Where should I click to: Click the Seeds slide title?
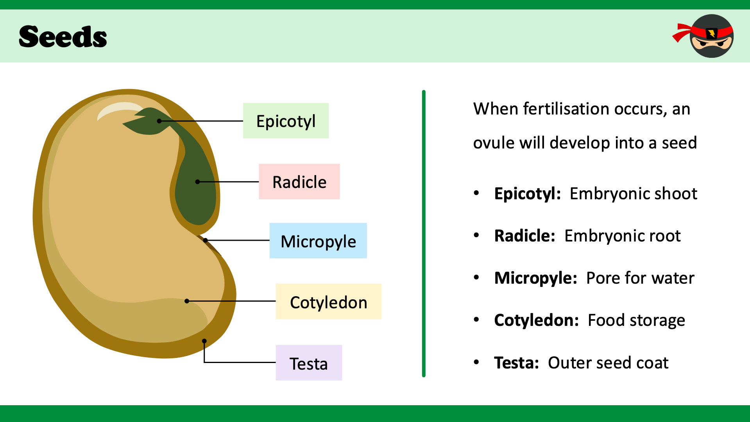click(63, 37)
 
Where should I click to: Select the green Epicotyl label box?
click(286, 121)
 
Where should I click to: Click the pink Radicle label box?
click(299, 182)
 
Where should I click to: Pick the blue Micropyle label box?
click(318, 241)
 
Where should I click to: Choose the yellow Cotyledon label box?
click(328, 302)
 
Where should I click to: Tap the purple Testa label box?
click(309, 363)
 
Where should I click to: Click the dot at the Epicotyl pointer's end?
click(159, 121)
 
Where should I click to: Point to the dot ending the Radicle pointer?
click(197, 182)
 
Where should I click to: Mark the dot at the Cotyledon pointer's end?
click(187, 301)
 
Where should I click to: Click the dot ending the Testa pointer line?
click(204, 341)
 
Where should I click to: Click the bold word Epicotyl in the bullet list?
click(527, 194)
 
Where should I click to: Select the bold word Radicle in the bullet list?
click(524, 236)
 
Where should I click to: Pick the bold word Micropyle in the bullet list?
click(535, 278)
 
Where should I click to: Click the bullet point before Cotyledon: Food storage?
click(476, 320)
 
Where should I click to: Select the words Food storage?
click(636, 320)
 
